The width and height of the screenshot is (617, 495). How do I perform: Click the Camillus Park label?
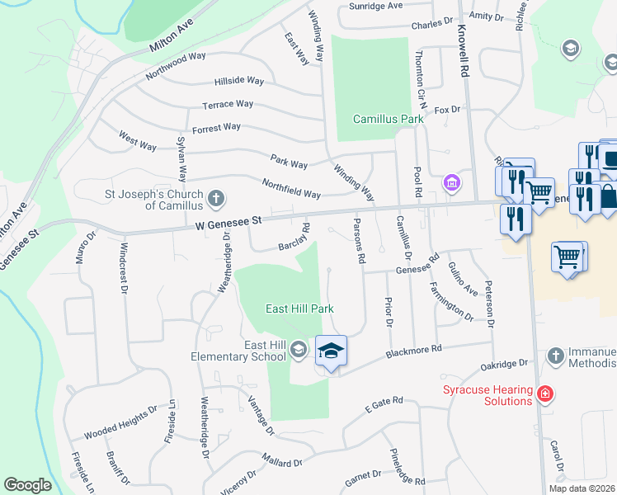(388, 119)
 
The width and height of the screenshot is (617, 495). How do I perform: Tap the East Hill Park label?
(299, 309)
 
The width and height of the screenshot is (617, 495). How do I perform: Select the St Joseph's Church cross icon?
(215, 197)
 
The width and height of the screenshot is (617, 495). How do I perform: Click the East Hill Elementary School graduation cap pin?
(331, 352)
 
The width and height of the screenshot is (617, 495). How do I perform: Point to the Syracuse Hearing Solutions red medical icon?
(544, 395)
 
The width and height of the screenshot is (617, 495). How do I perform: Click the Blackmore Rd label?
(414, 353)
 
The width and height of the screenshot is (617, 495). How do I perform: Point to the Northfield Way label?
(290, 188)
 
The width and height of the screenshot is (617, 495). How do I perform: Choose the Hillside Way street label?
(238, 81)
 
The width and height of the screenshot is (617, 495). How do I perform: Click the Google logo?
(27, 485)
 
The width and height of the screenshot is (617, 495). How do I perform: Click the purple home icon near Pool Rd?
(450, 181)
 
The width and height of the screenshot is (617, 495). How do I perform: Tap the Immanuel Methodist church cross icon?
(556, 356)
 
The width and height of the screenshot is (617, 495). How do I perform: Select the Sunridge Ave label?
(375, 5)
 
